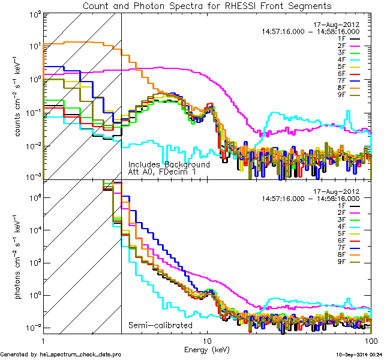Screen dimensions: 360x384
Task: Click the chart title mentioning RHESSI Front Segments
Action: [x=207, y=6]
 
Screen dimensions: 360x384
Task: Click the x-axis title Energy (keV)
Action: [x=207, y=349]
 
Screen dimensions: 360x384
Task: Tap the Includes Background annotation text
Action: [x=169, y=164]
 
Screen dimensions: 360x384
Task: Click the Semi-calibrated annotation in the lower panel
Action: [x=160, y=326]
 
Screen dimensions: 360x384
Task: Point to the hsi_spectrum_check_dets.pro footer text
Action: [x=61, y=355]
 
